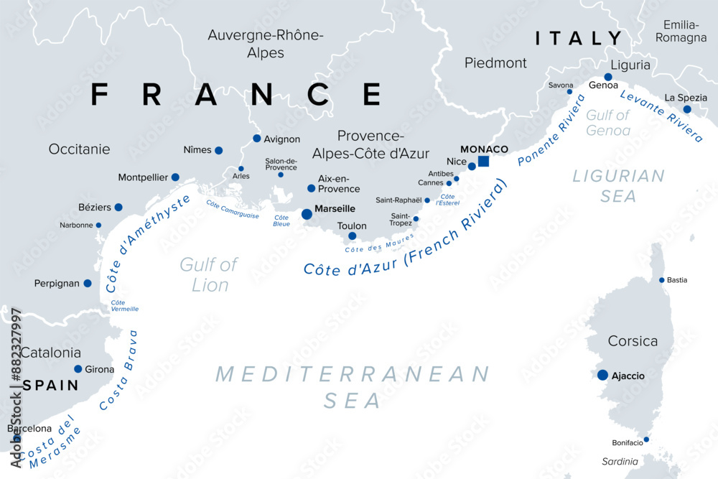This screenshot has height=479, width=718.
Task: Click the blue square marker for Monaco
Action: point(483,161)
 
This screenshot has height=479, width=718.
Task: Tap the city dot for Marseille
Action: point(307,214)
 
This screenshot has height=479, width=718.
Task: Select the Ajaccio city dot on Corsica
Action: point(602,375)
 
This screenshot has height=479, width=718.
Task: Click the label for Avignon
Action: point(282,139)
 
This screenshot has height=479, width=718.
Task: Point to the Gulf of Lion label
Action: point(209,275)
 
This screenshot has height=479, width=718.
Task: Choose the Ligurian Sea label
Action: point(618,185)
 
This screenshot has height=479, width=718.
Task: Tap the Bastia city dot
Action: point(662,280)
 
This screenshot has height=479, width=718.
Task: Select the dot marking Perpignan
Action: point(88,284)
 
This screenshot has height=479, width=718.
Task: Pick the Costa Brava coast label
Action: point(119,371)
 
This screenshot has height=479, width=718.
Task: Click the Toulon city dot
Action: point(352,236)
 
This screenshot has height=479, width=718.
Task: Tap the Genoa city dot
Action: point(608,77)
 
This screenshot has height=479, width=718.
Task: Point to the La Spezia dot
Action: point(687,109)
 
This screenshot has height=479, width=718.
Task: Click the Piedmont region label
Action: point(495,63)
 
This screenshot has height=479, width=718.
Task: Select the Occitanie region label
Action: point(79,149)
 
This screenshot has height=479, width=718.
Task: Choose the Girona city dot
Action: point(78,369)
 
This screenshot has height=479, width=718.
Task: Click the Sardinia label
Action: point(620,461)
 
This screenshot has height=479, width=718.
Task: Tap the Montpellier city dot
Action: point(175,177)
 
